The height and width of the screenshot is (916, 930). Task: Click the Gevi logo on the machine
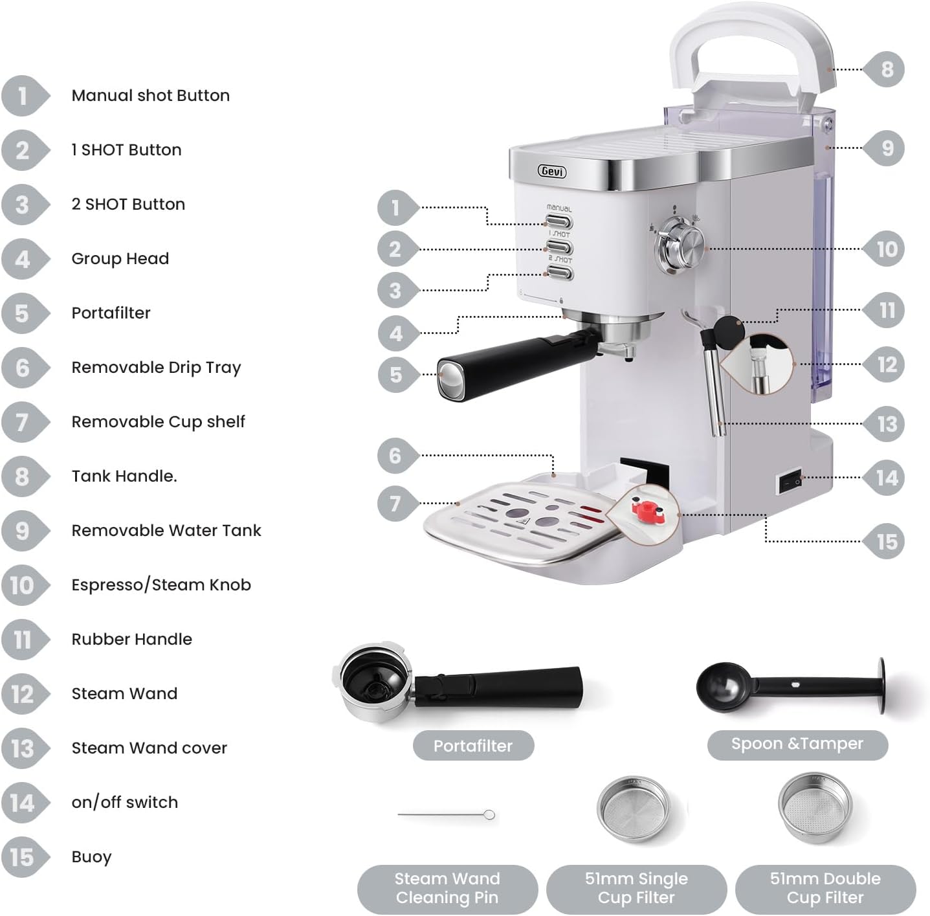pos(551,172)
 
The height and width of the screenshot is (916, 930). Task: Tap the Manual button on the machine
pos(559,222)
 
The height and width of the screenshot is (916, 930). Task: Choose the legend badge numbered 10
pos(22,585)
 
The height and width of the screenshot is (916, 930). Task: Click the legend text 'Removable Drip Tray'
pos(156,368)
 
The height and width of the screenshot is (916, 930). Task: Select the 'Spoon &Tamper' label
pos(797,744)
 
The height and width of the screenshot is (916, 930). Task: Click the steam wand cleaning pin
pos(447,814)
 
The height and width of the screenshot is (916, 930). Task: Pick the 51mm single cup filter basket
pos(633,809)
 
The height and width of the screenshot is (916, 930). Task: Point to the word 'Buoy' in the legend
pos(91,857)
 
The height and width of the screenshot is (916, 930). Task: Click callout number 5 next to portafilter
pos(395,375)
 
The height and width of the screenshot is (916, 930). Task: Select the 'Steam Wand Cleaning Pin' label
pos(447,888)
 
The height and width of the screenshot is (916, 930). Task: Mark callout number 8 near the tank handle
pos(887,69)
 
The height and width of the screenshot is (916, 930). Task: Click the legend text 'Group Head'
pos(120,259)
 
